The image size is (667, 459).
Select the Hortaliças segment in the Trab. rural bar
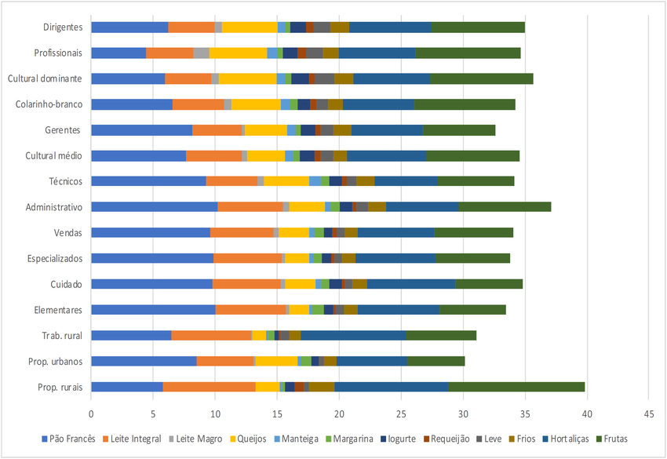coord(353,336)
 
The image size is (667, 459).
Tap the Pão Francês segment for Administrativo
coord(154,207)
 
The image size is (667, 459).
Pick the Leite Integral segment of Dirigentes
coord(191,27)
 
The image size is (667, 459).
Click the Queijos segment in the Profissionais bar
coord(238,53)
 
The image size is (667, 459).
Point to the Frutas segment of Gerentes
coord(459,130)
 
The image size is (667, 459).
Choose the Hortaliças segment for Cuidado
coord(411,284)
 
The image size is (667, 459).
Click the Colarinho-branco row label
coord(49,104)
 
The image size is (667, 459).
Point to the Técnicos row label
coord(65,181)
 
